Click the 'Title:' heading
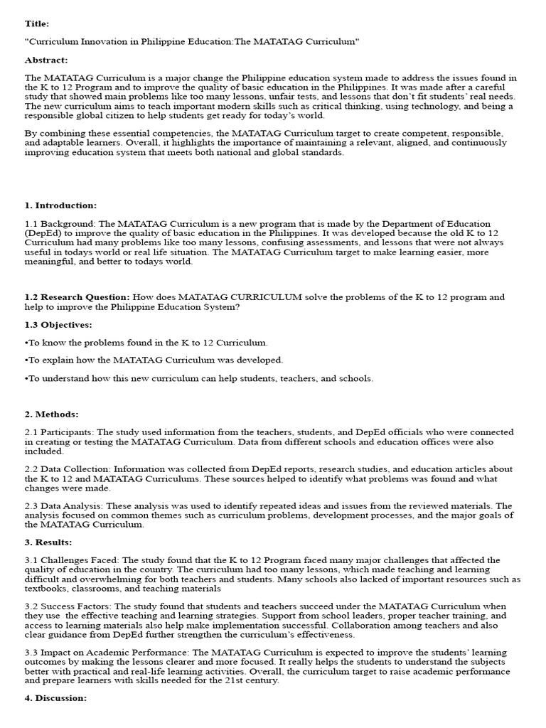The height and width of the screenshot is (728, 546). [x=37, y=23]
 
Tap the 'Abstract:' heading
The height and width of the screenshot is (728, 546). [x=45, y=60]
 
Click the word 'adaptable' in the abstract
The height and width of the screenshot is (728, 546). [x=64, y=142]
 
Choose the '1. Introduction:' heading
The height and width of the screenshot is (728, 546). [x=60, y=205]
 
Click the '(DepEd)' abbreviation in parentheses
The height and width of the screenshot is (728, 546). [x=44, y=233]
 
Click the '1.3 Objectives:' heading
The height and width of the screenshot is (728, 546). [x=58, y=324]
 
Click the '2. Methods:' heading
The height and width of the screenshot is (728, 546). [x=52, y=414]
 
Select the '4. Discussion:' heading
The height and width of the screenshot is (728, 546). [x=55, y=698]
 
